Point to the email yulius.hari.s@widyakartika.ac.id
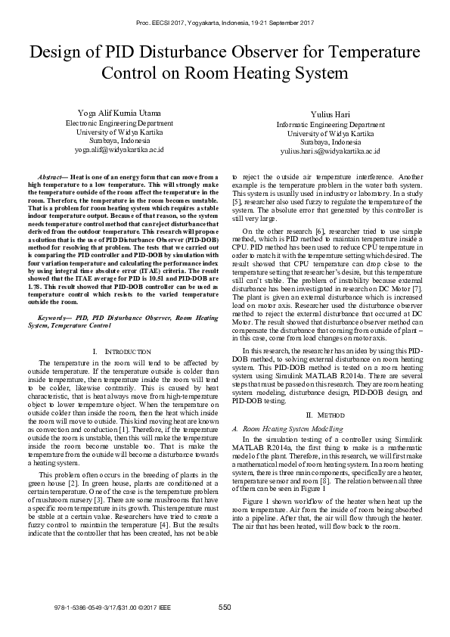[330, 151]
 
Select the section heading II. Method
[330, 415]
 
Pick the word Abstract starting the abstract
[51, 175]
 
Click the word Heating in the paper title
[269, 74]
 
